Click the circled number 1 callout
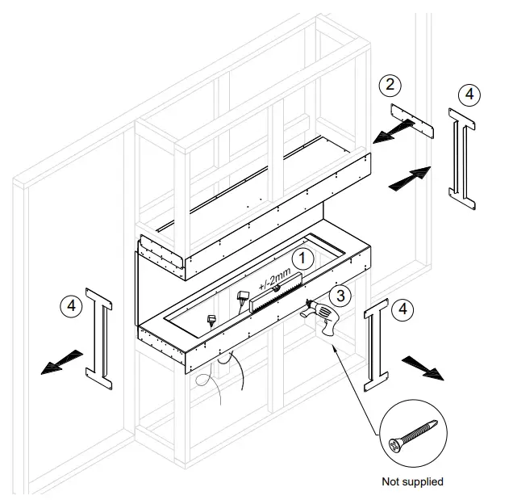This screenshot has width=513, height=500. (302, 258)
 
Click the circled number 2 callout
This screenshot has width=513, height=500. (390, 84)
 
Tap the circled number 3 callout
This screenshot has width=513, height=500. (342, 296)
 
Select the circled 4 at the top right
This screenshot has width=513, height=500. (471, 95)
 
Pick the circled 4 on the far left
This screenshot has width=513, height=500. (73, 306)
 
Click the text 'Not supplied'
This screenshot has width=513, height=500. (412, 481)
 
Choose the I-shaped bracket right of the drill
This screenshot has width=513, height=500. (376, 343)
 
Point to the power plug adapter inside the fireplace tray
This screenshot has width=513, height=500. (243, 297)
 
